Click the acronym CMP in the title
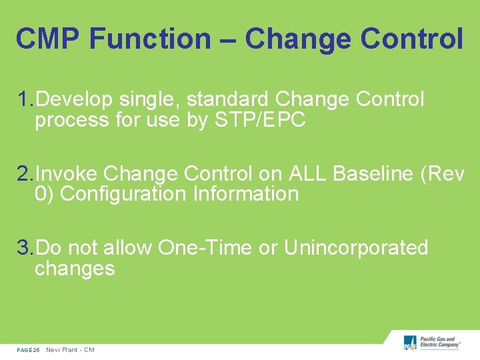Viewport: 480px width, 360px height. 47,39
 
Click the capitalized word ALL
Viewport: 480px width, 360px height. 307,174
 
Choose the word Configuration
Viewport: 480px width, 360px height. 123,195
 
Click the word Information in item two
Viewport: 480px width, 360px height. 245,195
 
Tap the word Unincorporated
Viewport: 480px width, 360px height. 355,248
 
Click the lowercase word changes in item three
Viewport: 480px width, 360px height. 75,269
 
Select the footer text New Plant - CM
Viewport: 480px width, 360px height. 70,350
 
